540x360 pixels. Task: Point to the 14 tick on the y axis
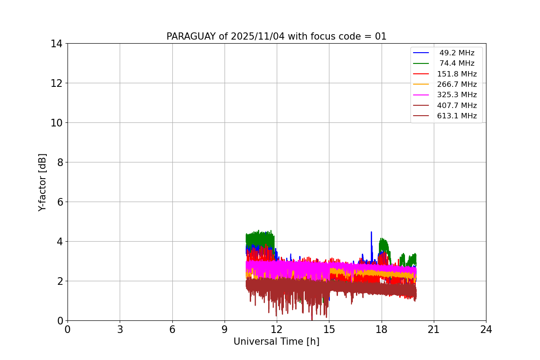56,44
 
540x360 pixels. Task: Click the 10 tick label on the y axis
56,123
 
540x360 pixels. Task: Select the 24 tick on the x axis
486,330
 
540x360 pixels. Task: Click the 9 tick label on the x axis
225,330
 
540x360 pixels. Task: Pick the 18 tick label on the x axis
382,330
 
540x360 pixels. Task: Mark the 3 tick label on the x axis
120,330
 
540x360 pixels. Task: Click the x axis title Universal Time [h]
276,342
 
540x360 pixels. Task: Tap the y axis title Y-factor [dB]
43,182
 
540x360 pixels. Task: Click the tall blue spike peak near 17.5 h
371,232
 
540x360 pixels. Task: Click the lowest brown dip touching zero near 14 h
312,319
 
